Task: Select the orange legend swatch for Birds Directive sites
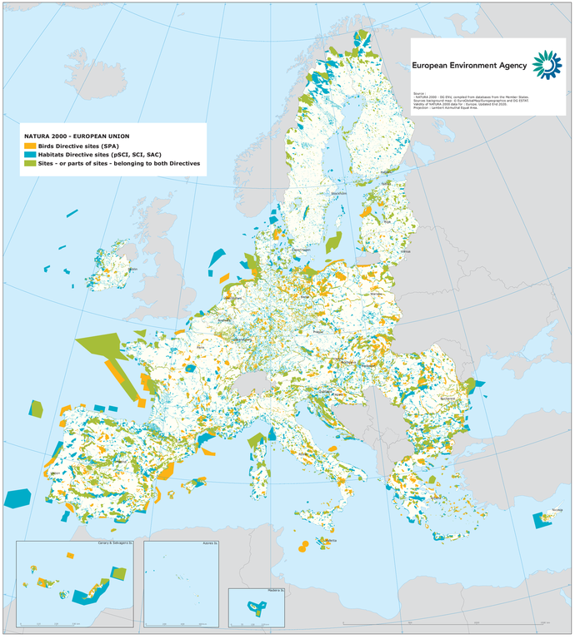coord(28,146)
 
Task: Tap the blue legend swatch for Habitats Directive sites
coord(28,155)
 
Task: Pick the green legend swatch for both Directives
coord(28,164)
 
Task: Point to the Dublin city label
coord(132,269)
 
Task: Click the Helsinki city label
coord(387,173)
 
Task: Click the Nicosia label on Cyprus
coord(557,510)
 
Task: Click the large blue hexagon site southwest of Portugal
coord(17,498)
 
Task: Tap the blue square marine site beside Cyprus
coord(538,520)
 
